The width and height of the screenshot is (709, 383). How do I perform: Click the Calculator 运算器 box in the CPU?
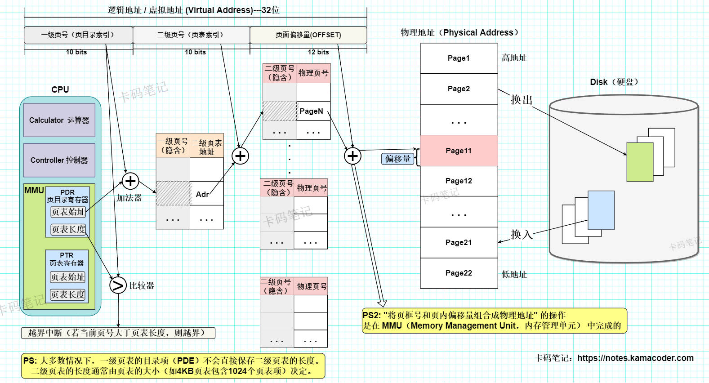59,120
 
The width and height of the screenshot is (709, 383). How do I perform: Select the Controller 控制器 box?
59,160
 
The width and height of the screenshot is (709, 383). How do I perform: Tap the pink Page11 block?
459,151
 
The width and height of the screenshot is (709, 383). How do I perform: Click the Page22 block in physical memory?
459,273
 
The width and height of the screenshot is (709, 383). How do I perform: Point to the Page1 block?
459,58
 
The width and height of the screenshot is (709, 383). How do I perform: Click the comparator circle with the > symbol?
118,285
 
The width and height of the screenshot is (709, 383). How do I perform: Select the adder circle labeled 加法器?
130,181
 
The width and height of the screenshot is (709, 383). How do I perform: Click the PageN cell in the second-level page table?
313,111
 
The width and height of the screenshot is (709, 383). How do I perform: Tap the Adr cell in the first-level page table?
206,194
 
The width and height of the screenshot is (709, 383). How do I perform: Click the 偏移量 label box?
398,159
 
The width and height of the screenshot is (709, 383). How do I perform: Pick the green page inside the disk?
640,162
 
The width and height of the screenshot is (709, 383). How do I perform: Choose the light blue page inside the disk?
601,210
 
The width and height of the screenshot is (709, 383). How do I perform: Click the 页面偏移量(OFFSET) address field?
308,35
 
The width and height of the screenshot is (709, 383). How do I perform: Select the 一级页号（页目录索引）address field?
78,35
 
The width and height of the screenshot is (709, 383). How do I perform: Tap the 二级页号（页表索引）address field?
191,35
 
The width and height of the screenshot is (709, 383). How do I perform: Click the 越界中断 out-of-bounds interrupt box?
118,333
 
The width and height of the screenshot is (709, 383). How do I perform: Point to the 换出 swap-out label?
522,99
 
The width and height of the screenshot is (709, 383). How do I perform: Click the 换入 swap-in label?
522,234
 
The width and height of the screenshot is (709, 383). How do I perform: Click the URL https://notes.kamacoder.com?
635,358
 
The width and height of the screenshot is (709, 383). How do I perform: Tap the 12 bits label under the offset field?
318,52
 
